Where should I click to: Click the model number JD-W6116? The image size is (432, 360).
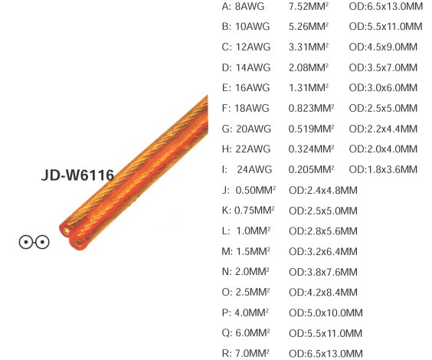77,175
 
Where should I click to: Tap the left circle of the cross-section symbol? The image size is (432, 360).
26,242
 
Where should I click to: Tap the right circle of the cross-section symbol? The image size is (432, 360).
42,242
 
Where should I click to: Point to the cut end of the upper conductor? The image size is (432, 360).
66,231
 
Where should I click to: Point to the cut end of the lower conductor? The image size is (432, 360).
78,242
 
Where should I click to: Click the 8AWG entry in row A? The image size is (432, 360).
250,6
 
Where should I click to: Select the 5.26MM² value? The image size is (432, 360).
309,27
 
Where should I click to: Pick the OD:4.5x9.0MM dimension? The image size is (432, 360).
383,47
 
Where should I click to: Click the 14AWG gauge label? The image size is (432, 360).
253,67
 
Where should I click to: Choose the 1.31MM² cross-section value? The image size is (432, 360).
309,87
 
